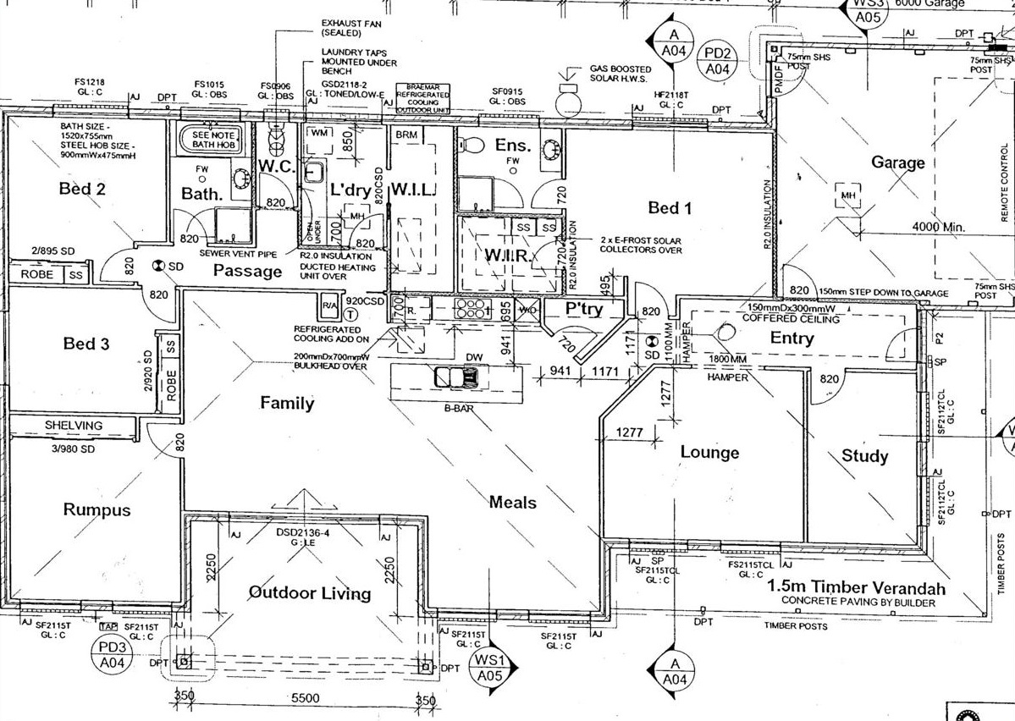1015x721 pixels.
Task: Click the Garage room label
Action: click(898, 162)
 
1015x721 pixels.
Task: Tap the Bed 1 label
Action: click(670, 207)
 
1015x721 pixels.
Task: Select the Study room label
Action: click(864, 456)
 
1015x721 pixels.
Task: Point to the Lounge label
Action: click(709, 453)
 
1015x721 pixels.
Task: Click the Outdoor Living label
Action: click(310, 592)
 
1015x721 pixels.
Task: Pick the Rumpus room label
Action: click(97, 509)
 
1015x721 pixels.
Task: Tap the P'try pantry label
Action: click(584, 310)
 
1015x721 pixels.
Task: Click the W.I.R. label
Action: click(508, 256)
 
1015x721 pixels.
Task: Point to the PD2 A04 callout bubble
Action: click(721, 60)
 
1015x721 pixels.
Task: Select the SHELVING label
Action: click(74, 425)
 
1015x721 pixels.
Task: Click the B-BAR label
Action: click(455, 408)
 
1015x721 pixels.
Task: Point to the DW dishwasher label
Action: click(474, 358)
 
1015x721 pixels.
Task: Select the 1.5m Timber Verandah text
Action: click(857, 588)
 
